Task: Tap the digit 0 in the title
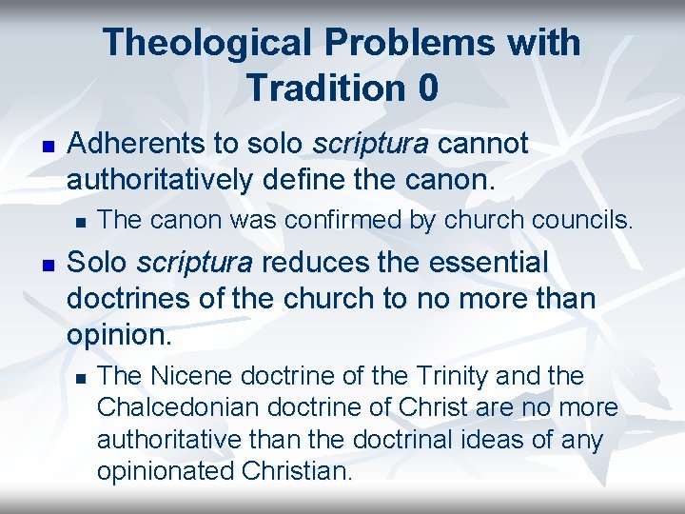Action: click(427, 88)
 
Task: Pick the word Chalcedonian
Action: click(179, 408)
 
